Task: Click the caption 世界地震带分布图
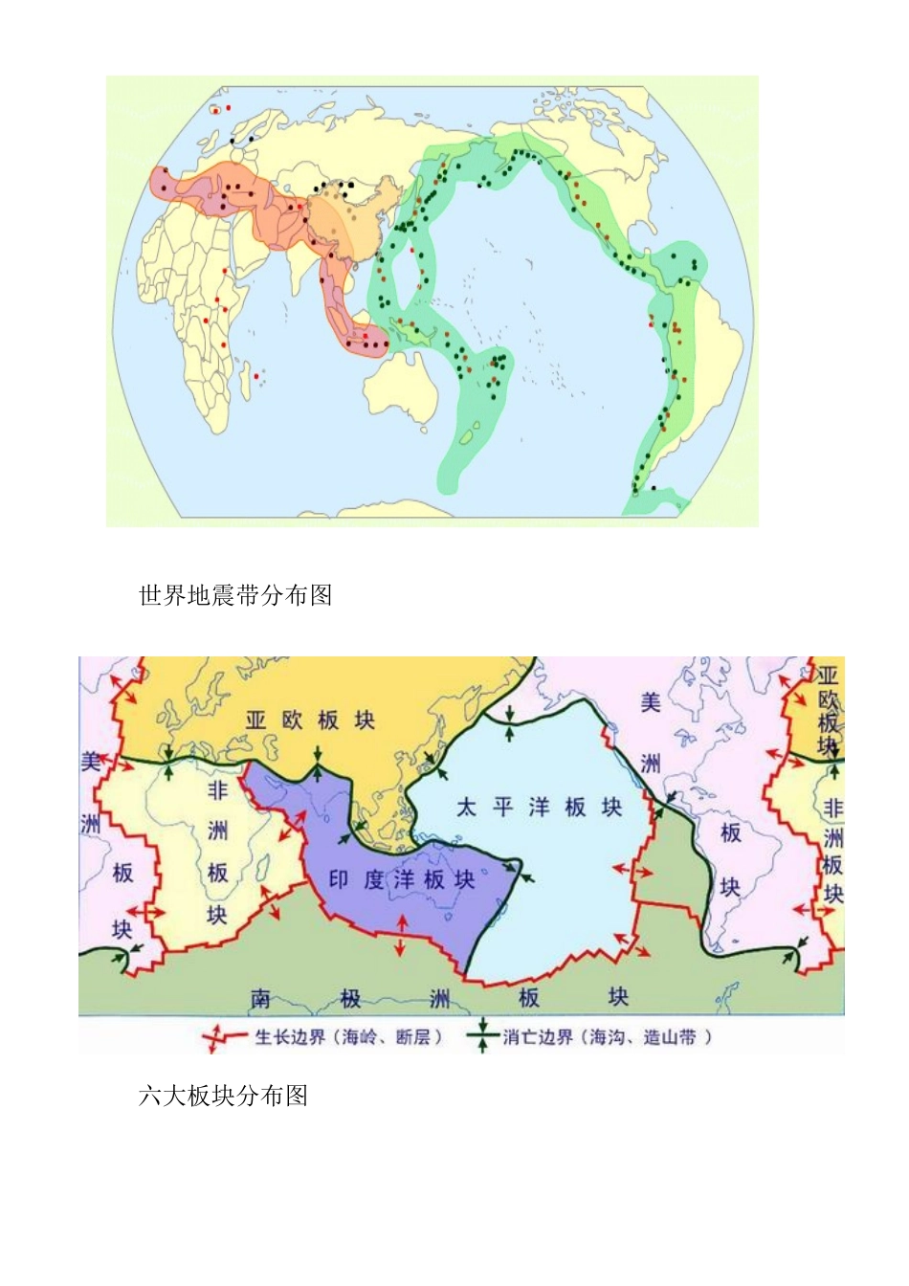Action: (x=235, y=596)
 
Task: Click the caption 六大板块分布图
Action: (x=223, y=1096)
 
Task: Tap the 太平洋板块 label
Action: (x=539, y=808)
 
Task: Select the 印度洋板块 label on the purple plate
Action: (x=402, y=879)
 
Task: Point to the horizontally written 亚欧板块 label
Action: (x=309, y=721)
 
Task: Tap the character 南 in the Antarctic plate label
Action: (x=261, y=999)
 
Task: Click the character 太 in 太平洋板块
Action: (x=466, y=808)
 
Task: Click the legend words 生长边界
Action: (x=292, y=1037)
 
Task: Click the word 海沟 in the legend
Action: (x=608, y=1037)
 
